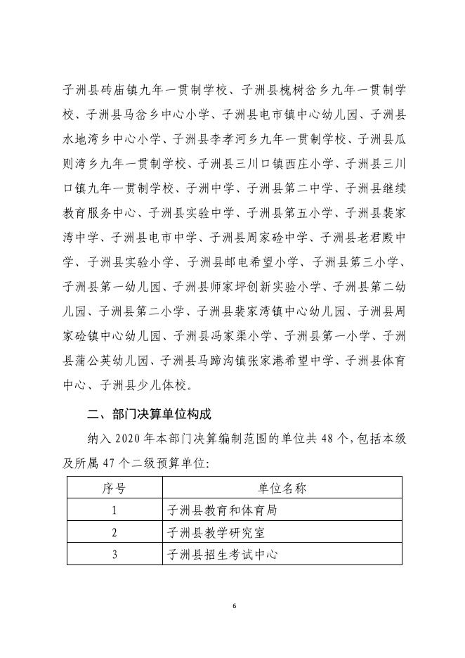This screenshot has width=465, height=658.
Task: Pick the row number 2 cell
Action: click(114, 531)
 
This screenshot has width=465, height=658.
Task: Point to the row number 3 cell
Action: click(114, 553)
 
